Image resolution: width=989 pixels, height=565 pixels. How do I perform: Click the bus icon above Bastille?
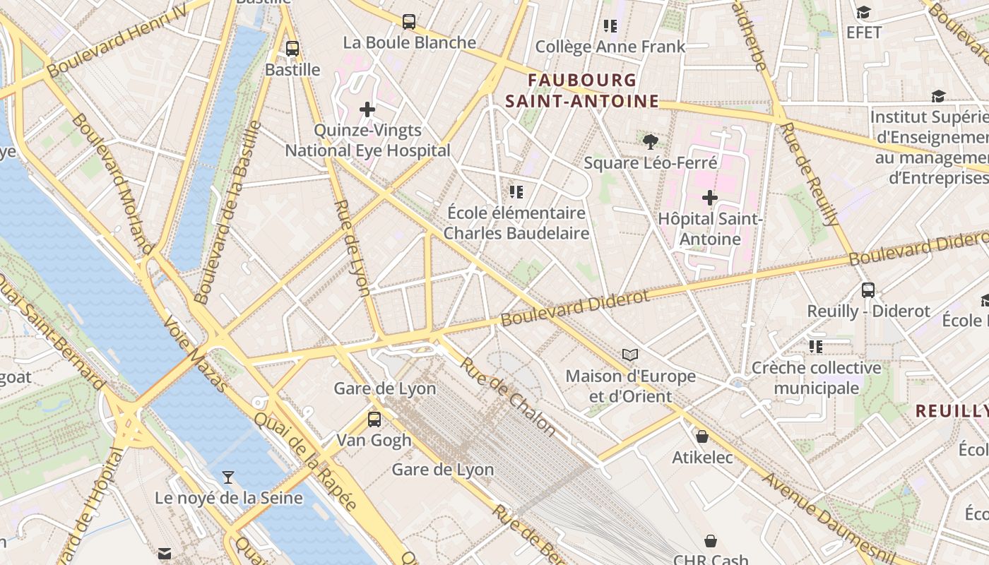(x=292, y=49)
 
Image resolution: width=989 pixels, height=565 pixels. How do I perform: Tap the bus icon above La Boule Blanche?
(x=409, y=22)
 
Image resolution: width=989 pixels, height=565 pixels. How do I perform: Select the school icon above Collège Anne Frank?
(x=610, y=26)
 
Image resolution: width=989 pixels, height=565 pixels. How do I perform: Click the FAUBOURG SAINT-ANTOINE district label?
(x=582, y=91)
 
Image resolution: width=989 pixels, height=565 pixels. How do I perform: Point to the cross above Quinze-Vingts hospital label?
(x=367, y=109)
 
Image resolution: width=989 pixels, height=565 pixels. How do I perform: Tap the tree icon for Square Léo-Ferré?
(x=651, y=142)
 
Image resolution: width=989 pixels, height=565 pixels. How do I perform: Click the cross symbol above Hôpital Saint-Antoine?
(x=710, y=198)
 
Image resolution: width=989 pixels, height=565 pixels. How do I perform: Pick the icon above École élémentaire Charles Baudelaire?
(x=516, y=191)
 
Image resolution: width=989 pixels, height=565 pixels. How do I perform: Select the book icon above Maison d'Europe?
(x=630, y=355)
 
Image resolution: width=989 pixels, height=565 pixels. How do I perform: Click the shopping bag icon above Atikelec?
(x=702, y=436)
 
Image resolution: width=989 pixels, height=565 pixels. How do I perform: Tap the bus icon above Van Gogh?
(x=374, y=419)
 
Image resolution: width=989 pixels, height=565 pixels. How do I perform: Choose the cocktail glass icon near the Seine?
(x=228, y=477)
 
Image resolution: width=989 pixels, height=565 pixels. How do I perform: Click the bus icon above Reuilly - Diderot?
(x=868, y=290)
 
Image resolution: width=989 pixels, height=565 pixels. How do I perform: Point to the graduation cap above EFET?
(x=863, y=12)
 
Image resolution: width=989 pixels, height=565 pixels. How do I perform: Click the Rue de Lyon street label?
(x=352, y=247)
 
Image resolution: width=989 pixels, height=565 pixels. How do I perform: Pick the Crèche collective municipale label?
(x=817, y=378)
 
